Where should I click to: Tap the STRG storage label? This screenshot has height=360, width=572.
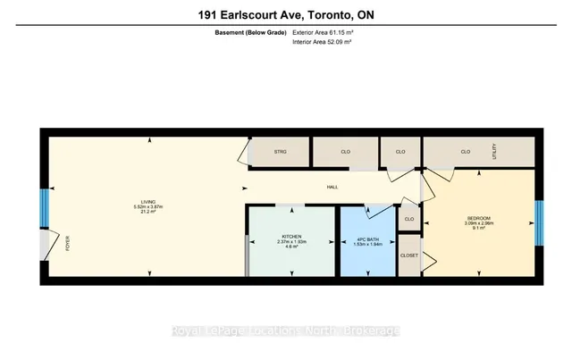(280, 152)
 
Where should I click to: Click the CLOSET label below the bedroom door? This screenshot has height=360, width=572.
(408, 254)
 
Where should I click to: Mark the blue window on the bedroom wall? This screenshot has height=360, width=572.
(539, 215)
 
